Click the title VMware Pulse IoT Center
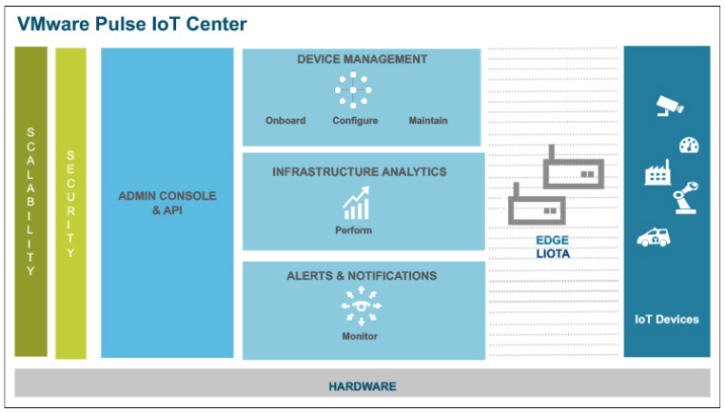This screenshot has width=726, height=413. (132, 24)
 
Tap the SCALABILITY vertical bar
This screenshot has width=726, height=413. (31, 202)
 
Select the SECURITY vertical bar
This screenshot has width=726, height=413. (70, 204)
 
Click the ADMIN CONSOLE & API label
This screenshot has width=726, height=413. (167, 203)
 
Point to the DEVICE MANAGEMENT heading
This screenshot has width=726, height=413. (363, 59)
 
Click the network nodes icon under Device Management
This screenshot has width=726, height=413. (353, 89)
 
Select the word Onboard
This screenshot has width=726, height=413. (285, 121)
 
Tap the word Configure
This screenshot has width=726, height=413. (355, 121)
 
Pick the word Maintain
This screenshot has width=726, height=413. (428, 121)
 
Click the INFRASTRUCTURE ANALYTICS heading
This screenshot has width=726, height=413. (360, 172)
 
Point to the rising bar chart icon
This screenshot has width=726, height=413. (356, 203)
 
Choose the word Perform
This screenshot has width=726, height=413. (353, 230)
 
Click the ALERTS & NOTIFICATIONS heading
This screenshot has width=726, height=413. (362, 275)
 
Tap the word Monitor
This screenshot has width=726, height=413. (360, 336)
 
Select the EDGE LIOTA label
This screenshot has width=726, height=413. (553, 246)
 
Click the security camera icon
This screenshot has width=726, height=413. (670, 106)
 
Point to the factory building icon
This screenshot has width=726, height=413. (657, 172)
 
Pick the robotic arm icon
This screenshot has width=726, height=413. (685, 198)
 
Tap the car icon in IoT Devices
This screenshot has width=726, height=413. (654, 237)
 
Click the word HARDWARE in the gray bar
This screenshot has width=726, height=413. (363, 386)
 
